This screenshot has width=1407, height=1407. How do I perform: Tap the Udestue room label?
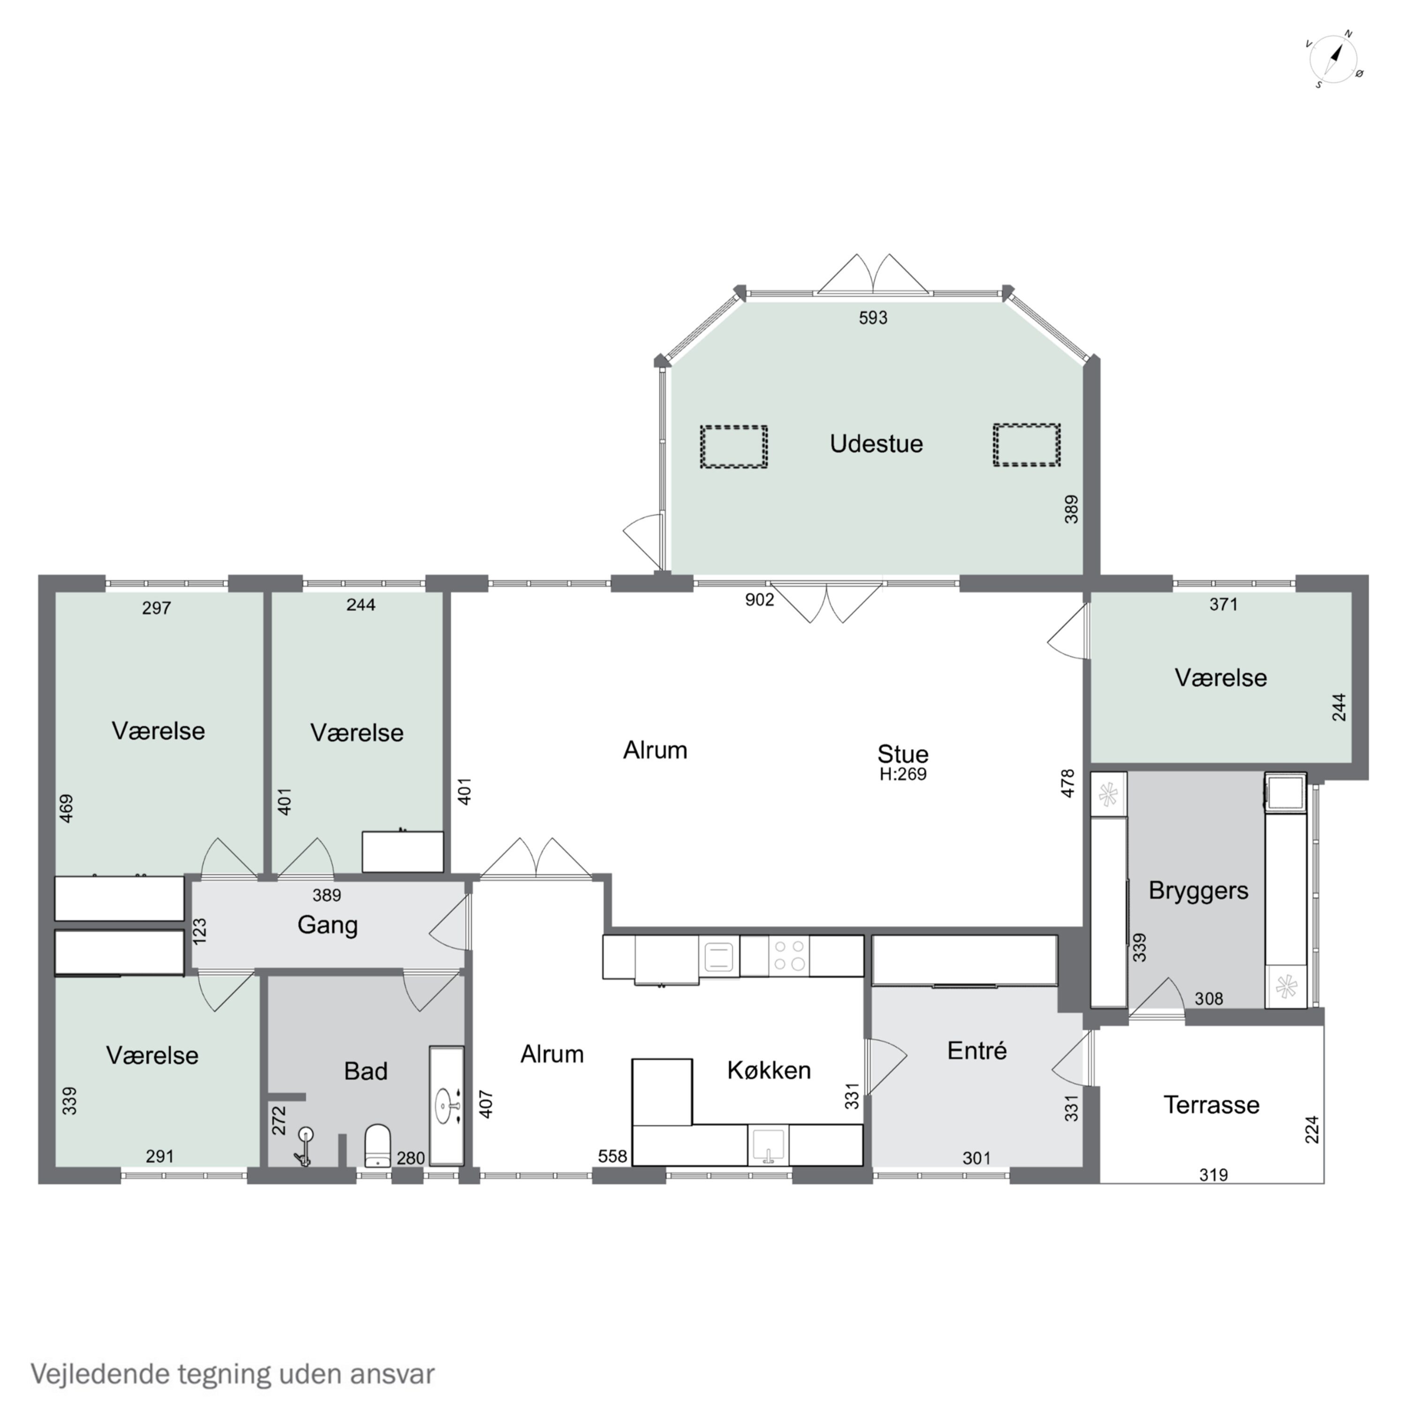[876, 444]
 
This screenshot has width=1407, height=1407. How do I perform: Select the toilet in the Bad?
[377, 1144]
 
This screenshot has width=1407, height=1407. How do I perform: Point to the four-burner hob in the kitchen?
[789, 955]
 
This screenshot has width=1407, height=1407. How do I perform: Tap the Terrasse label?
[1211, 1105]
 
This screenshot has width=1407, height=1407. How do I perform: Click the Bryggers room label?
[1198, 890]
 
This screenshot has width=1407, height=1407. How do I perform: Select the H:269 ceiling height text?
[902, 775]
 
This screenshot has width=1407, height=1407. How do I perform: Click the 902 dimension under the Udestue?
[759, 599]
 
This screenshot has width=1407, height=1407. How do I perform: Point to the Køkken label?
[768, 1070]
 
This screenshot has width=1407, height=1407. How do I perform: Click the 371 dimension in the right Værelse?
[1223, 604]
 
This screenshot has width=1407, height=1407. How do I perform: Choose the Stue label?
[902, 754]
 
